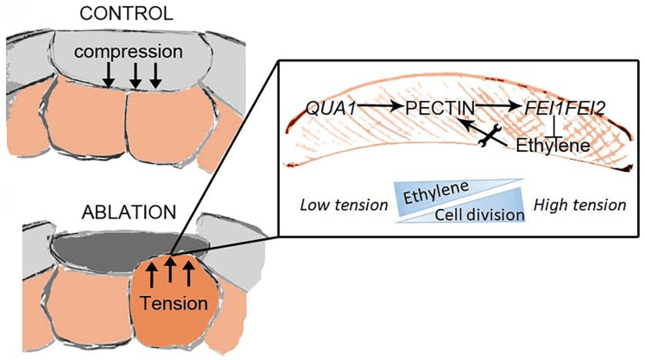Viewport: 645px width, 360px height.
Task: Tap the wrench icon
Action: [x=490, y=136]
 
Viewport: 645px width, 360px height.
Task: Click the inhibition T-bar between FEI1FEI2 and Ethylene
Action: [x=560, y=126]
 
